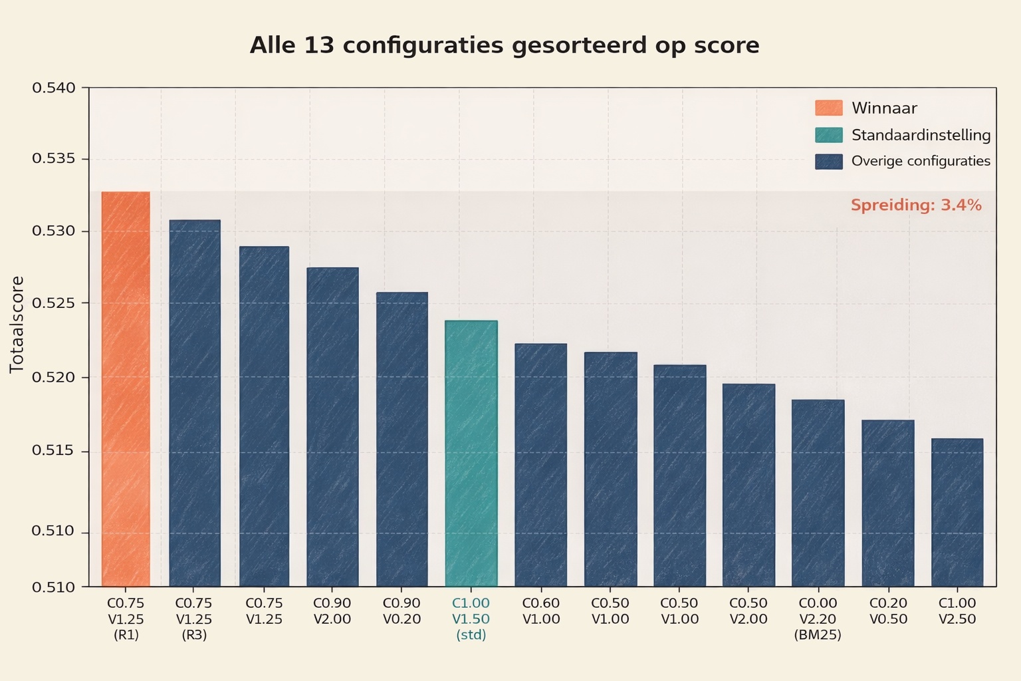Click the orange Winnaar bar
click(x=126, y=389)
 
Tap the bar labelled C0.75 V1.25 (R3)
click(x=195, y=403)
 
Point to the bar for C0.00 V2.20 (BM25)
click(x=818, y=493)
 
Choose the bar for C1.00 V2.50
click(x=957, y=512)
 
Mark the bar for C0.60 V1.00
click(x=540, y=465)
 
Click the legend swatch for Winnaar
click(x=828, y=108)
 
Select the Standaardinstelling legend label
click(x=921, y=135)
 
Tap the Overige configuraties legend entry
click(x=921, y=161)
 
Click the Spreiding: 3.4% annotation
click(x=916, y=205)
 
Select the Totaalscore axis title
click(x=17, y=324)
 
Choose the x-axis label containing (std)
click(x=471, y=619)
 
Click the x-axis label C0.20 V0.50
click(x=887, y=611)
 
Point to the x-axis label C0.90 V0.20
click(x=401, y=611)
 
